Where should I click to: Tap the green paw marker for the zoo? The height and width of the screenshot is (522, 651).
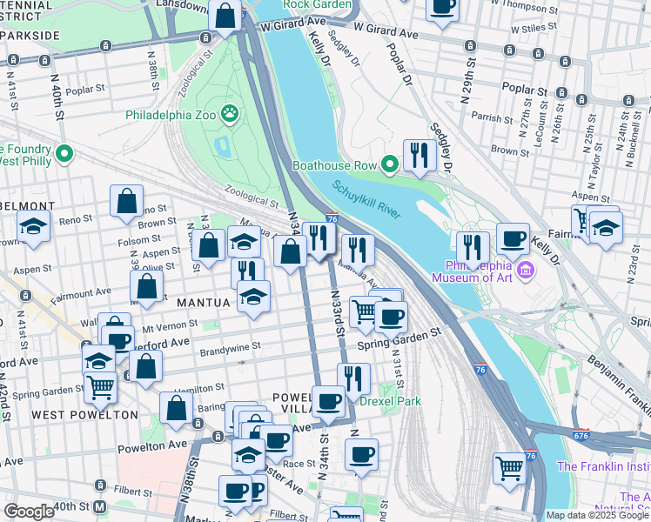230,112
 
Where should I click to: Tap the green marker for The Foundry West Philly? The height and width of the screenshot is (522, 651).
63,155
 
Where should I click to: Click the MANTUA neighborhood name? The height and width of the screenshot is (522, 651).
204,303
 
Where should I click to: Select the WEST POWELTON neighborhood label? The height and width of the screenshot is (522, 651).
85,415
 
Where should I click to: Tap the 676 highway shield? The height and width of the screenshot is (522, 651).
581,433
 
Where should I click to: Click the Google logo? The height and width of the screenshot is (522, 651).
29,512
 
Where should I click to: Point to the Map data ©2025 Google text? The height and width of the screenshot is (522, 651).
597,515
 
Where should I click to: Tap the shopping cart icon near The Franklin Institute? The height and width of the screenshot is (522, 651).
509,467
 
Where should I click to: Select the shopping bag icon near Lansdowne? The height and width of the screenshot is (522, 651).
225,15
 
